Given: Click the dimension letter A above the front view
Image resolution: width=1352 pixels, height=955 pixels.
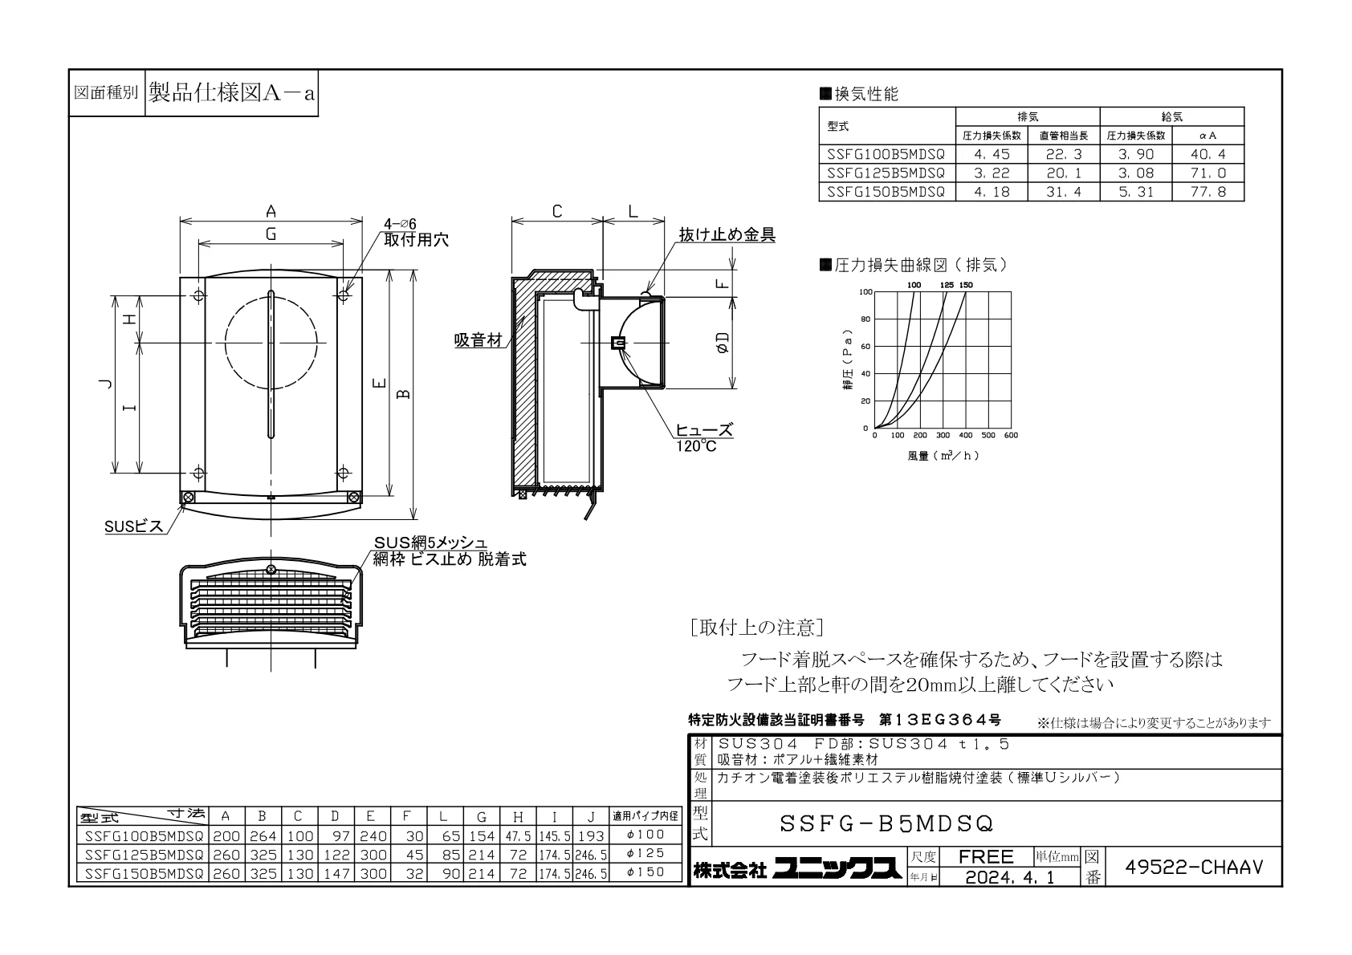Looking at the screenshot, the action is coord(271,211).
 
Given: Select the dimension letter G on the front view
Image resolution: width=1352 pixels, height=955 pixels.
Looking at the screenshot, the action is coord(271,234).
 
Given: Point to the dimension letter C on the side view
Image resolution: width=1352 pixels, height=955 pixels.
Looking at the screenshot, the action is coord(556,211).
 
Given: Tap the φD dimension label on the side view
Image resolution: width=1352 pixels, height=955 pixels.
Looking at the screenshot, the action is coord(723,343).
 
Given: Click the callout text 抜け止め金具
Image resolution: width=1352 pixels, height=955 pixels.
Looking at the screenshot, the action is coord(727,234).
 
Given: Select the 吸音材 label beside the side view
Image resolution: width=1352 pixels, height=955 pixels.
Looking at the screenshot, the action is coord(478,340).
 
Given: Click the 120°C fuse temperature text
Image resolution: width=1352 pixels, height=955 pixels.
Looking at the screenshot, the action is coord(696,446).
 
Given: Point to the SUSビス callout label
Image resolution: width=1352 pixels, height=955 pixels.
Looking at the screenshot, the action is coord(134,526).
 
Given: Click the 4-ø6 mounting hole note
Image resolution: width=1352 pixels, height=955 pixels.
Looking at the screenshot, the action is coord(400,225).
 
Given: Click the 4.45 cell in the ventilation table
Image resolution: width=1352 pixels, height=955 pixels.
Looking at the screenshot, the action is coord(991,154).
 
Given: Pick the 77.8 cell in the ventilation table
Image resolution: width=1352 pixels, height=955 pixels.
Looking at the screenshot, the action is coord(1207,192).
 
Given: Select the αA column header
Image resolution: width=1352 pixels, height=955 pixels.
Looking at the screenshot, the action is coord(1207,136).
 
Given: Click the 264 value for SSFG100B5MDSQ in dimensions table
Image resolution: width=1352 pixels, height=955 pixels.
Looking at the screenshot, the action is coord(263,836).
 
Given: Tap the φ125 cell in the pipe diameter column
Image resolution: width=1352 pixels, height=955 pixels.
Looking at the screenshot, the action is coord(645,854).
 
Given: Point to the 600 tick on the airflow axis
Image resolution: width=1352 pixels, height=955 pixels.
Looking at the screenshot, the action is coord(1010,435).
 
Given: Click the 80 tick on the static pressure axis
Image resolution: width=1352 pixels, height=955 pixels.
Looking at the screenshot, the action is coord(865,319).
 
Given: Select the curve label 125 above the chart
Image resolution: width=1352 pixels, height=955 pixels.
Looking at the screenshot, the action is coord(947,285).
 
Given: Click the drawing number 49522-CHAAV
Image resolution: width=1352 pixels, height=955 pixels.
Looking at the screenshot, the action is coord(1193,868).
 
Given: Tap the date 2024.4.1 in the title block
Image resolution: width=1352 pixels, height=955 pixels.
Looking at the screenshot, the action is coord(1009,877).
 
